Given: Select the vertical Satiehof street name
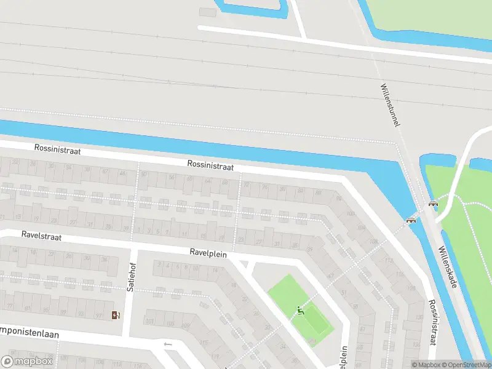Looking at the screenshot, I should coord(130,277).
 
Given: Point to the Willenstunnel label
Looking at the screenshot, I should coord(390,105).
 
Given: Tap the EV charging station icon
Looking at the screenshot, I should coord(116,315).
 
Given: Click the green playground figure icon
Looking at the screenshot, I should coord(301,311).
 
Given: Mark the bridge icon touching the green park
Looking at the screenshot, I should coord(433,205).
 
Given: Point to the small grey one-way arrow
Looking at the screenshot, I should coord(168,344).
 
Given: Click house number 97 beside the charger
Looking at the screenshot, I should coord(100,316).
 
